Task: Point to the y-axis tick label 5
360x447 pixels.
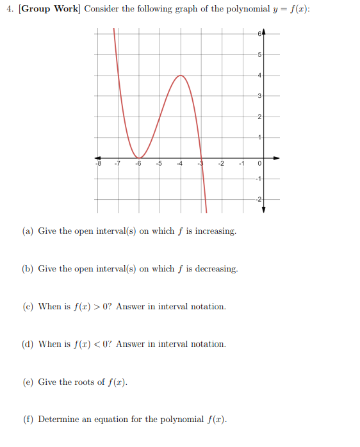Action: pyautogui.click(x=259, y=53)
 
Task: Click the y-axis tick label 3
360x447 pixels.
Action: pyautogui.click(x=259, y=96)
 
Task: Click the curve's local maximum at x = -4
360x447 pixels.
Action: pyautogui.click(x=181, y=76)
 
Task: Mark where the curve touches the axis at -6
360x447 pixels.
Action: pyautogui.click(x=139, y=158)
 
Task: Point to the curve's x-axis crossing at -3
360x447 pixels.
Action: pyautogui.click(x=201, y=158)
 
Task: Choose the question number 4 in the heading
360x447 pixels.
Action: pyautogui.click(x=8, y=10)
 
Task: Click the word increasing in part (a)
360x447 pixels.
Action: pyautogui.click(x=215, y=231)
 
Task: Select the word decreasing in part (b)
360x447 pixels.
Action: pyautogui.click(x=217, y=269)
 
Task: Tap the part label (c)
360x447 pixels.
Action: pyautogui.click(x=28, y=307)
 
